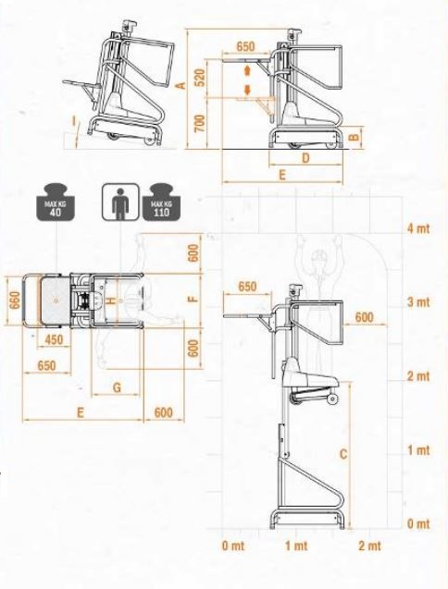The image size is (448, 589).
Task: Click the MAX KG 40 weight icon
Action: [56, 202]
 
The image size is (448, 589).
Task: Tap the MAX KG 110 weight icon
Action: [161, 202]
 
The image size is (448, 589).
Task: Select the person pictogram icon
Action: [120, 202]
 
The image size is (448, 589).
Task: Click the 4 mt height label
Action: [418, 228]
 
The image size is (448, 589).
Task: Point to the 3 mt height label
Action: [418, 302]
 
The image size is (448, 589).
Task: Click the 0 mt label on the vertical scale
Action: [418, 523]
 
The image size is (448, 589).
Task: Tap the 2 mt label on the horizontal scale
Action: [369, 546]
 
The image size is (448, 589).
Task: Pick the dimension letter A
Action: [181, 86]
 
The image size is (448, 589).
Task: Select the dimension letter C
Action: [343, 454]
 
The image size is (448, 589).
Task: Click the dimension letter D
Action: [305, 158]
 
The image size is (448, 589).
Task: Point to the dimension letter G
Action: [117, 387]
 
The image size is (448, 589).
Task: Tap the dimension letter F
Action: [193, 299]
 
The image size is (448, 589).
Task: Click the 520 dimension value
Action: [201, 78]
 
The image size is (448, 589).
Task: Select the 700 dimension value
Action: [201, 123]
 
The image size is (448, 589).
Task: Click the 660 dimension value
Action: [15, 301]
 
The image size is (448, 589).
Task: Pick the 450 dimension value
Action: [54, 340]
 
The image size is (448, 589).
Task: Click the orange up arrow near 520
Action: [247, 71]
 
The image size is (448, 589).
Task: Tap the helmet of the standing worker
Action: [319, 255]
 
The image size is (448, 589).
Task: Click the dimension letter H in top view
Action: [111, 301]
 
